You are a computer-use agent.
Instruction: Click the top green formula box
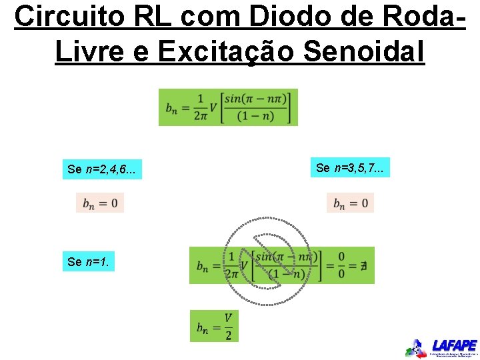point(228,107)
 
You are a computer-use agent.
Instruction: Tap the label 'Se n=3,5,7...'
point(349,167)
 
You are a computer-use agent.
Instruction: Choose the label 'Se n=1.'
point(89,262)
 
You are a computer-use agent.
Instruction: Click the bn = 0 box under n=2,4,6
point(100,203)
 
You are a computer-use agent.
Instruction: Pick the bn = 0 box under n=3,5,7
point(350,203)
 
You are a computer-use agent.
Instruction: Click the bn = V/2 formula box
point(214,326)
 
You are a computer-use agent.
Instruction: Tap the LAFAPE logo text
point(454,345)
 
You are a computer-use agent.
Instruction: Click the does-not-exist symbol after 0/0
point(363,266)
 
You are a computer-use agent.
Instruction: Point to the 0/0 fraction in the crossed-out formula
point(341,265)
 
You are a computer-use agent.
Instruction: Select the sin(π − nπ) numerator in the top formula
point(256,99)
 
